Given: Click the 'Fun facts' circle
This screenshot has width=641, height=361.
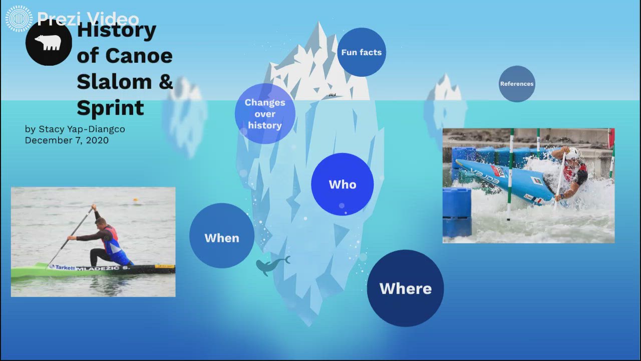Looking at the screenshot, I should pos(361,52).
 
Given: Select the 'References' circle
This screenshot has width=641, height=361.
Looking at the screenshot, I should pos(517,84).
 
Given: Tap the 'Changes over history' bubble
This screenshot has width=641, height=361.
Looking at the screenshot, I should pos(265,114).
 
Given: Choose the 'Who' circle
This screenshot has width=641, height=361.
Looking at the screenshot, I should pos(343,185).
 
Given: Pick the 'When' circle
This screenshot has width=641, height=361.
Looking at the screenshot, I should pos(222,238).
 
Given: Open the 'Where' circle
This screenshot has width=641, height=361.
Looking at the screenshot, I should pos(405,288).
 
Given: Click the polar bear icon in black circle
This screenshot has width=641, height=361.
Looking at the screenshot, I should pos(49,43).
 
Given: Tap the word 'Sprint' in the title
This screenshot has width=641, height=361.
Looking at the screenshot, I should pos(110,108).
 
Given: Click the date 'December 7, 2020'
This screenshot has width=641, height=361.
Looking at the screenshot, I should pos(67,140).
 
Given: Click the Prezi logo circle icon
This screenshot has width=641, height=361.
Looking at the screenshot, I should pos(19,19).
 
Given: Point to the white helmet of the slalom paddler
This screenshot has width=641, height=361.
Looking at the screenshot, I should pos(573,153).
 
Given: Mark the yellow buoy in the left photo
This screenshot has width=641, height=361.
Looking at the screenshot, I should pos(135,200).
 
